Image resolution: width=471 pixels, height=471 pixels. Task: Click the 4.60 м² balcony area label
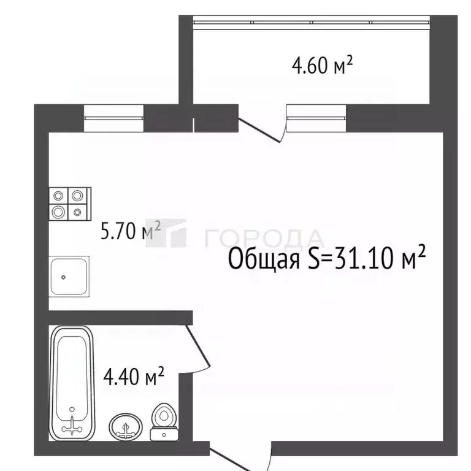tap(323, 65)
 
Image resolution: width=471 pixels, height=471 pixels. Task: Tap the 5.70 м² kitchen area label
tap(130, 232)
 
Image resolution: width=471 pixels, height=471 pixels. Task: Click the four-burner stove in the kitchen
tap(69, 204)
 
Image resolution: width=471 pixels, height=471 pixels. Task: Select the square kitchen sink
tap(69, 277)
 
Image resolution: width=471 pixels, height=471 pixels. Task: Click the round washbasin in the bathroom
tap(126, 424)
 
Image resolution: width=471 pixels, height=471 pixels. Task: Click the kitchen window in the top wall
tap(113, 118)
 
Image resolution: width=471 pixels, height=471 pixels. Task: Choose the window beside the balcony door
tap(316, 118)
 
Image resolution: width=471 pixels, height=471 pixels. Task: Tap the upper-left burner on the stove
tap(59, 196)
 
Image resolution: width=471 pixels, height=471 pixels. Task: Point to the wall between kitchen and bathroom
tap(120, 316)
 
